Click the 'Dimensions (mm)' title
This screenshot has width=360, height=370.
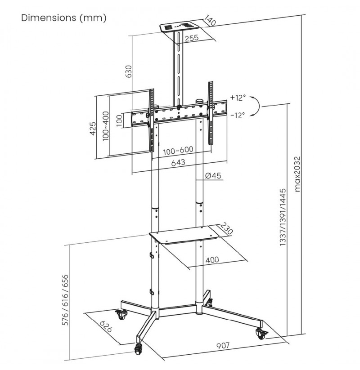[64, 18]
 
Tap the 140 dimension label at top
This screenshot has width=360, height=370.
[210, 20]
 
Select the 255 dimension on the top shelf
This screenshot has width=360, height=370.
[192, 38]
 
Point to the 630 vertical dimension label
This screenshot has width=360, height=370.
[129, 71]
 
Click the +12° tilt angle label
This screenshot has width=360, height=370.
[238, 98]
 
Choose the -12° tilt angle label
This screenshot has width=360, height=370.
[238, 115]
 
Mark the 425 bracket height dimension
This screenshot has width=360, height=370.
[93, 129]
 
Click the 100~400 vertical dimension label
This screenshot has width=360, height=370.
[106, 126]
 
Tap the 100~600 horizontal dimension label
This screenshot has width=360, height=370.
[178, 150]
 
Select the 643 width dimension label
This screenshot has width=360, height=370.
[178, 163]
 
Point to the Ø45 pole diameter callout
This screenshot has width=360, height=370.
[213, 176]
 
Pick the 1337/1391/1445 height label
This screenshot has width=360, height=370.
[283, 217]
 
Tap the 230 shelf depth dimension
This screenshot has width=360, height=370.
[226, 228]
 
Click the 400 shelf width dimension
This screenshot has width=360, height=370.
[212, 260]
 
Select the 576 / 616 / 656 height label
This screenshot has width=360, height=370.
[65, 300]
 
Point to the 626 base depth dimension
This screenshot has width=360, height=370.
[106, 326]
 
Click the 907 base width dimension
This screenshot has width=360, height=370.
[223, 345]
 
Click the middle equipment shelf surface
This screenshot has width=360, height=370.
[184, 235]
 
